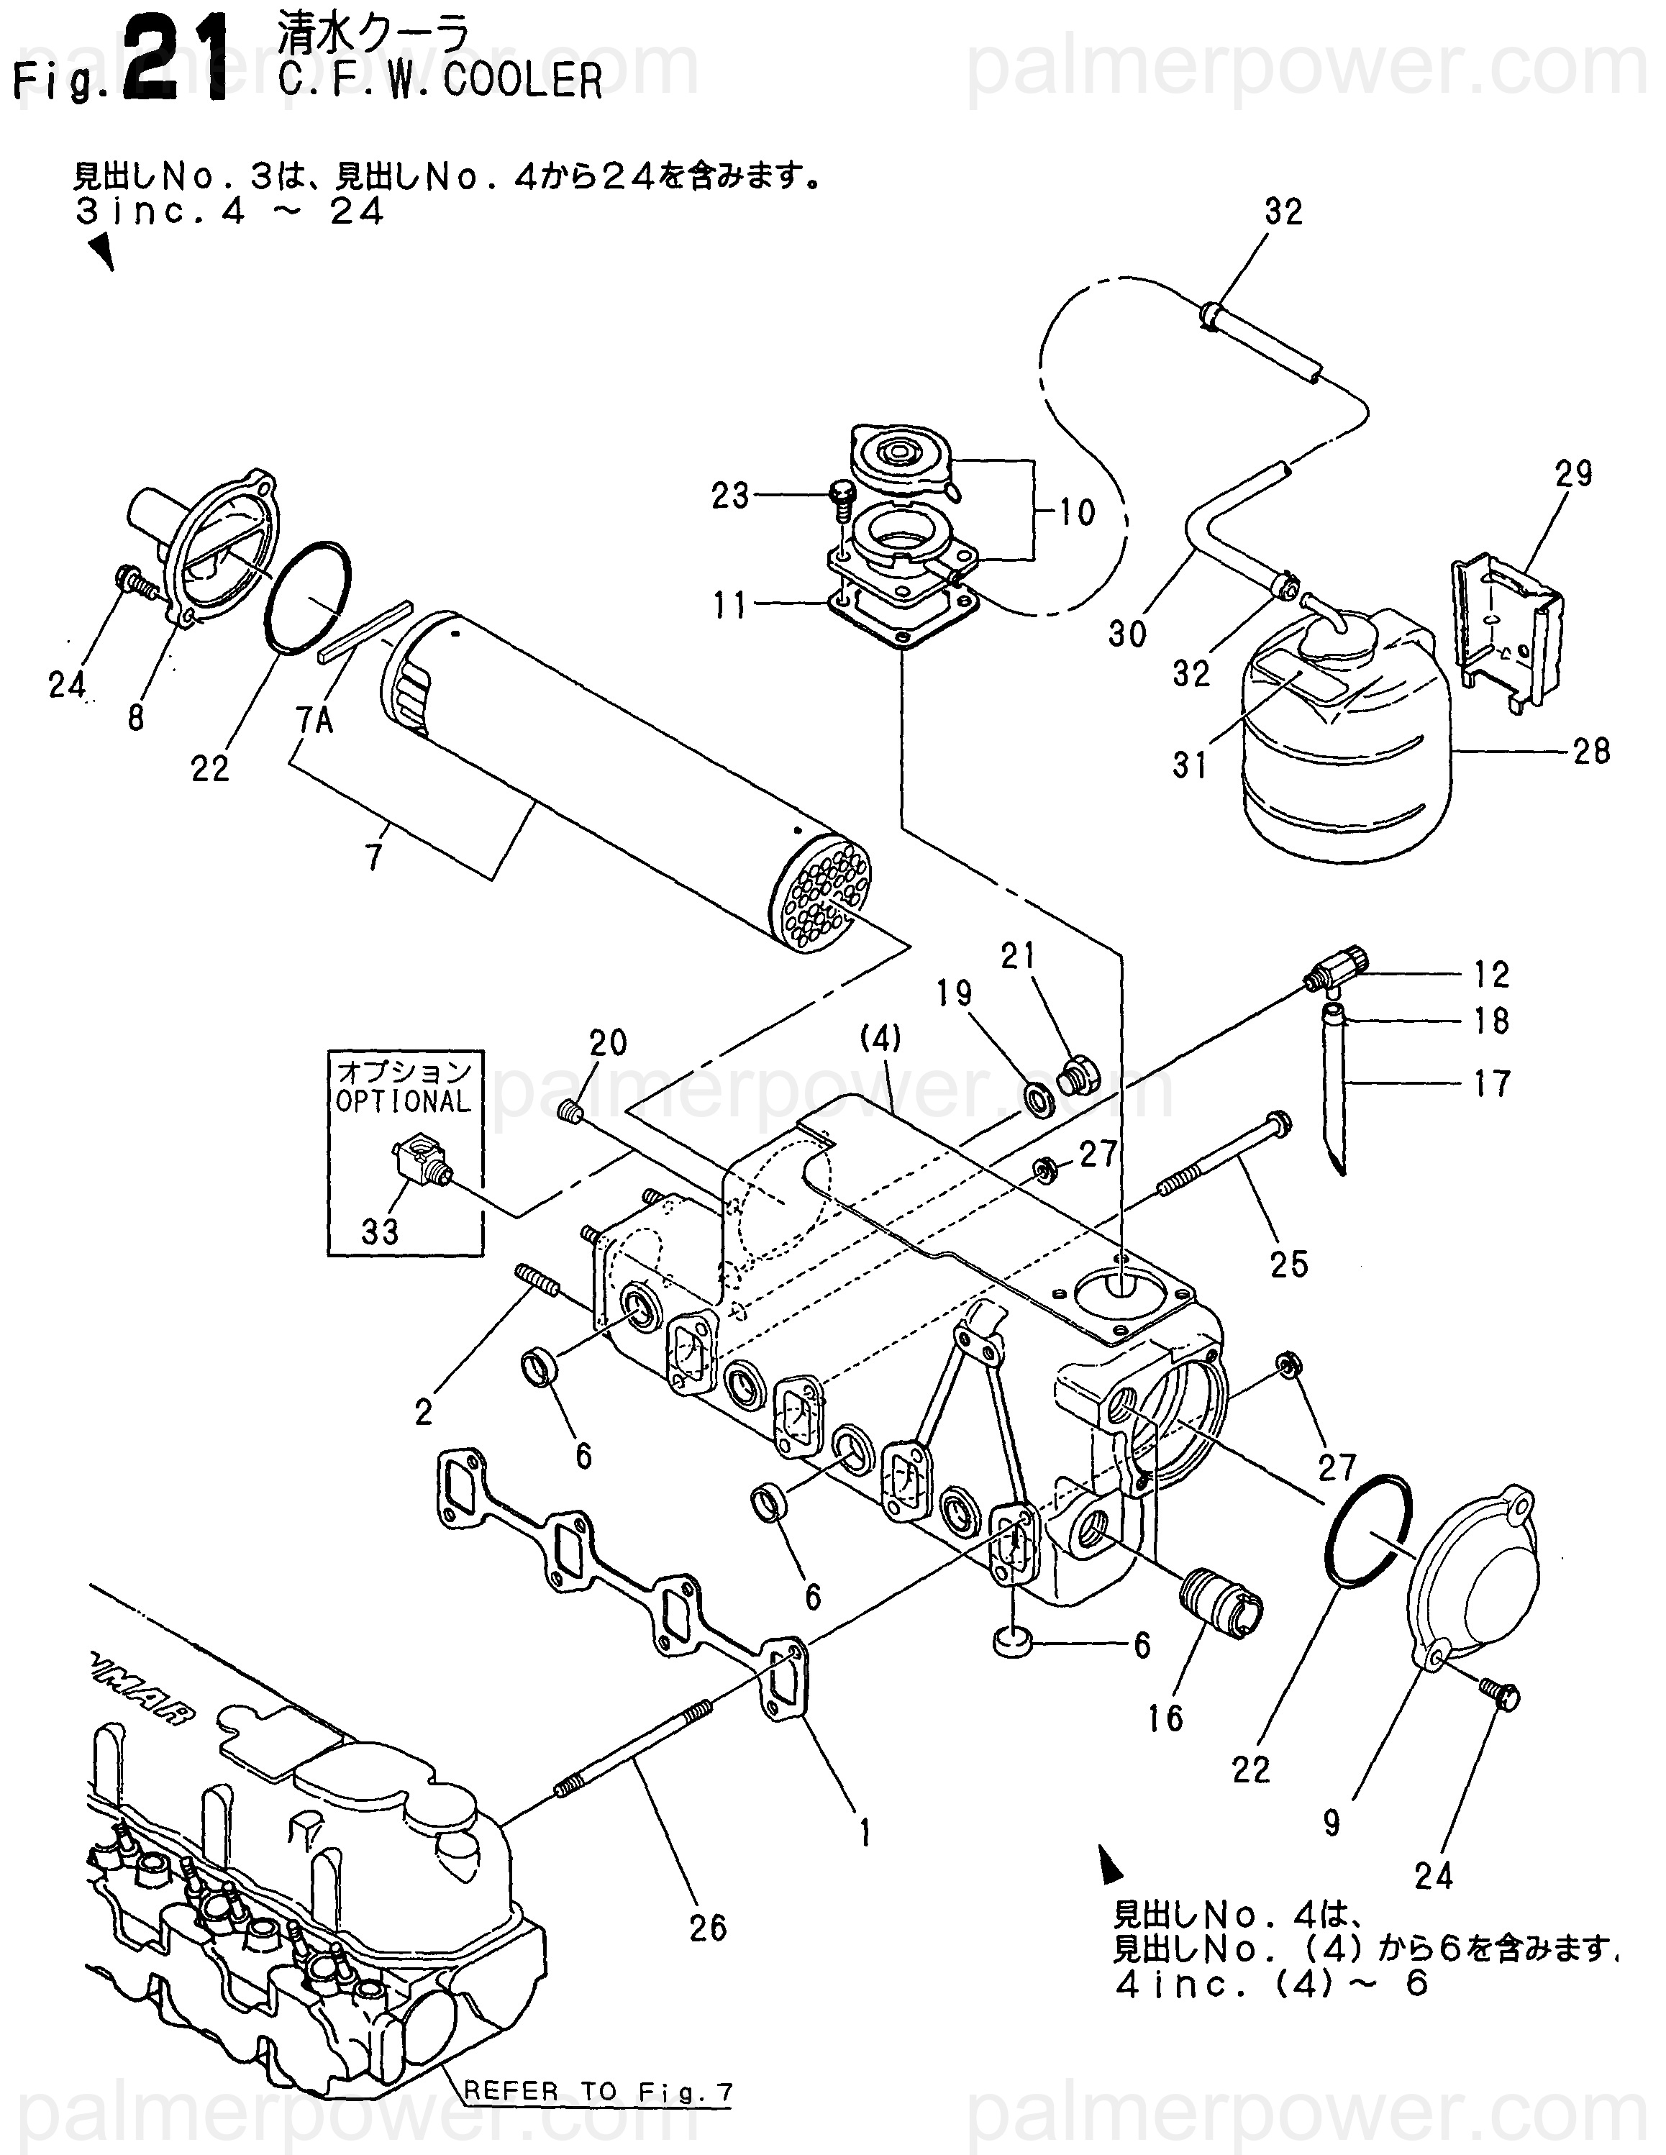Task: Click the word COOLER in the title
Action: [523, 80]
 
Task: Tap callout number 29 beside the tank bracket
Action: [1573, 475]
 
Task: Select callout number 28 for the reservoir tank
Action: [1591, 752]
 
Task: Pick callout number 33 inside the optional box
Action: [379, 1231]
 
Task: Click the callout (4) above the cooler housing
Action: [880, 1038]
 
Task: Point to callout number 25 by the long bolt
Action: [1288, 1264]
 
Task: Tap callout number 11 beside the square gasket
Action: [730, 605]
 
